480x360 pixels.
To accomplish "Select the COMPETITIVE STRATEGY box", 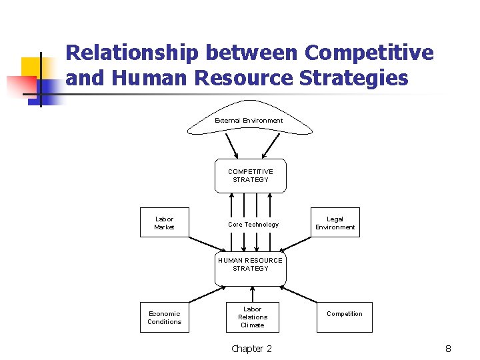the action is coord(250,176).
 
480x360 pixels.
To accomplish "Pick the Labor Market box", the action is coord(164,223).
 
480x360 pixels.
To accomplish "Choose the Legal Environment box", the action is coord(335,223).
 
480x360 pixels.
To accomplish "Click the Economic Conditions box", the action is coord(164,317).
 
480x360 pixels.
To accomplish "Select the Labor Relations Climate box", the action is coord(253,317).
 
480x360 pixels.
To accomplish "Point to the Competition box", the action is coord(345,314).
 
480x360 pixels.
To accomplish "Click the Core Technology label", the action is coord(253,225).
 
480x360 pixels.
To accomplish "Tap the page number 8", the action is coord(449,349).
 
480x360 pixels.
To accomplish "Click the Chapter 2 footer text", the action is coord(251,349).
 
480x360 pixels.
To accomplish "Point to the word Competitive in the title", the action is coord(369,52).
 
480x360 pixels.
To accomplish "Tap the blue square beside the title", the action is coord(49,89).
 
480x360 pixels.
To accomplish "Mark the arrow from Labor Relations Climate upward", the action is coord(253,295).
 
